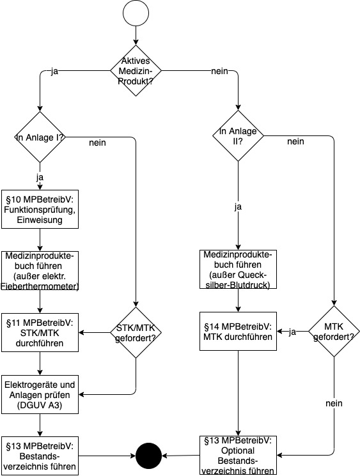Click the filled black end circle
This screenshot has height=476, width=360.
(x=148, y=456)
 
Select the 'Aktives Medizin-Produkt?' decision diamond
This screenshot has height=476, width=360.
(x=136, y=71)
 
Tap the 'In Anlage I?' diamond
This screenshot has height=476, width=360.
(x=40, y=137)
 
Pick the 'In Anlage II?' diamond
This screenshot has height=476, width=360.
(x=238, y=135)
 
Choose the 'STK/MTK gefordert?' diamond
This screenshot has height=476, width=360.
(x=136, y=333)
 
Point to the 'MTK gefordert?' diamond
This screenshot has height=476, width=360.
(x=334, y=331)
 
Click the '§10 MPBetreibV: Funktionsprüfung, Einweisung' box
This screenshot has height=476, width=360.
(x=40, y=210)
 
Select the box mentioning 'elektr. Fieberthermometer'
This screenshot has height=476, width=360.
(x=40, y=271)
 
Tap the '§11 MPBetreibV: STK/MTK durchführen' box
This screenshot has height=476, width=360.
(x=40, y=333)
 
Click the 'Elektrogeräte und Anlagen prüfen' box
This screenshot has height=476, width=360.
(x=40, y=395)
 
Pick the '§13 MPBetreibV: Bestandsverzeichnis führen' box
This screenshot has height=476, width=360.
(x=40, y=456)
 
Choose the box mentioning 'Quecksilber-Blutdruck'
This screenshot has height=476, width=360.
(x=238, y=269)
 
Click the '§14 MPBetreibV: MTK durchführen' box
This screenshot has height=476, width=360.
(x=238, y=331)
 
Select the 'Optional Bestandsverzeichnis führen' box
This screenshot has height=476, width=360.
(x=238, y=456)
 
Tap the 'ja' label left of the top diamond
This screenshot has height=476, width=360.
(x=54, y=72)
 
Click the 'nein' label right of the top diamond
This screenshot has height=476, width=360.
(x=219, y=71)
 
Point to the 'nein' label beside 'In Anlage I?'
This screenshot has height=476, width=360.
(x=98, y=142)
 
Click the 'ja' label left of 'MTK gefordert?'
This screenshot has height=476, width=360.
(x=292, y=332)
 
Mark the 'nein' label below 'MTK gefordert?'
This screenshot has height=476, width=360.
(x=334, y=403)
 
